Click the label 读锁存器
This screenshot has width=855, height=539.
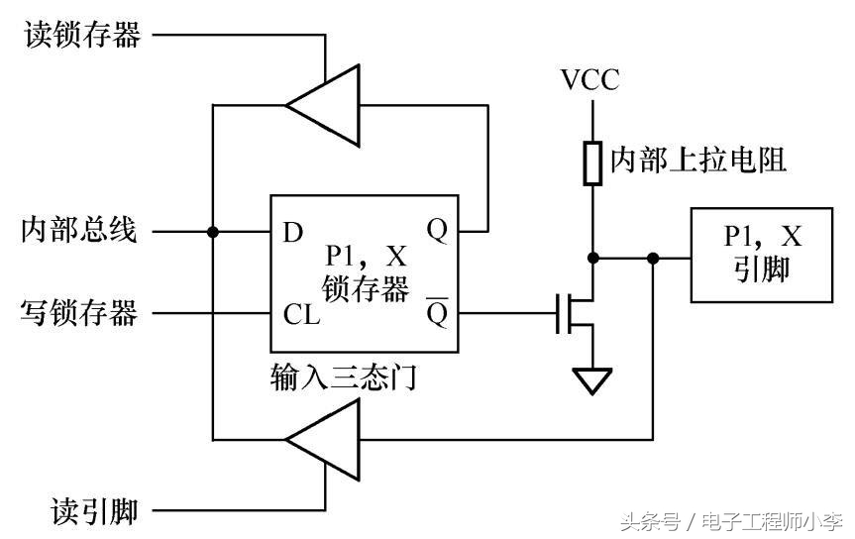click(x=81, y=36)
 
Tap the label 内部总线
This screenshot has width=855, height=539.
click(x=79, y=232)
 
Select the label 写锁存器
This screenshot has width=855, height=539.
click(x=79, y=314)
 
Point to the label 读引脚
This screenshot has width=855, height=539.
click(x=94, y=511)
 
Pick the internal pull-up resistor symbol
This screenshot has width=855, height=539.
click(x=592, y=163)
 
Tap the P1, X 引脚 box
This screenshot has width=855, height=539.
click(x=762, y=255)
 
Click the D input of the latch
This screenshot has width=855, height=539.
click(x=292, y=233)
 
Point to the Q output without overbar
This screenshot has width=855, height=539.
click(x=437, y=231)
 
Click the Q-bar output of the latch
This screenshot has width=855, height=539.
click(x=437, y=312)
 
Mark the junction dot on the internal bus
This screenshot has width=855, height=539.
click(x=212, y=232)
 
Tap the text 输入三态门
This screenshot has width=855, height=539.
click(x=342, y=377)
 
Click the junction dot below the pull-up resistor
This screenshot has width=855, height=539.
click(x=592, y=258)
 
